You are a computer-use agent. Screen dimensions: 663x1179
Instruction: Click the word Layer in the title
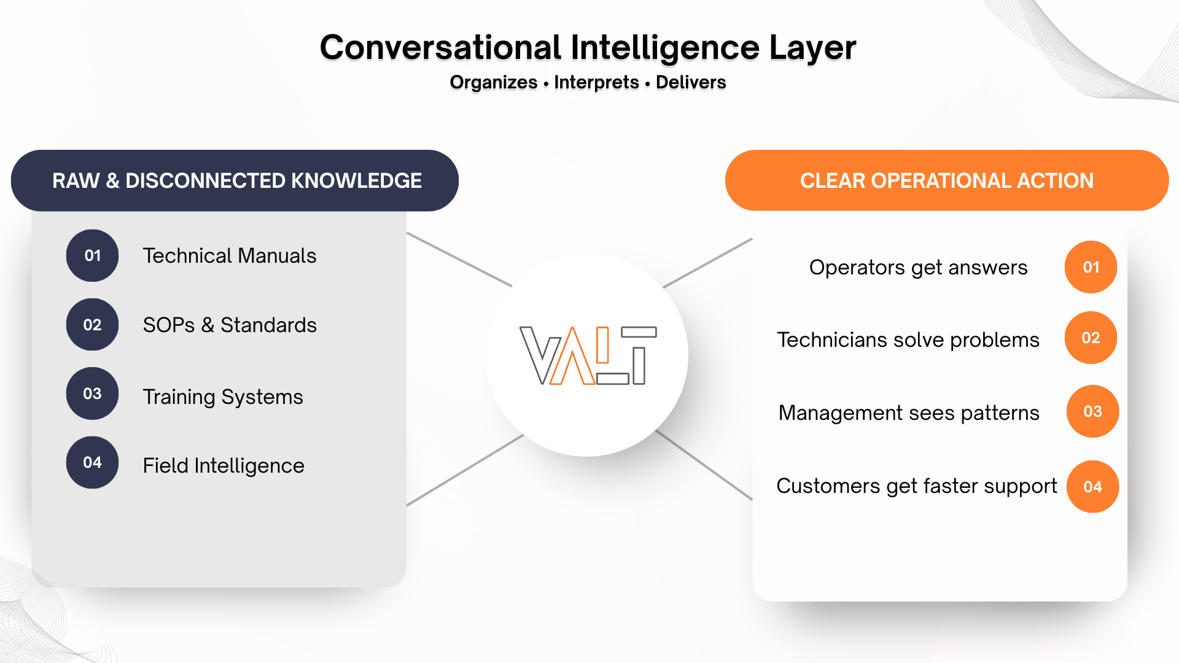tap(812, 48)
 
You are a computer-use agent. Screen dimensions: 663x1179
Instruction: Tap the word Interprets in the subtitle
tap(596, 82)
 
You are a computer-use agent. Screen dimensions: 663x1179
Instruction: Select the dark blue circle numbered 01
tap(92, 255)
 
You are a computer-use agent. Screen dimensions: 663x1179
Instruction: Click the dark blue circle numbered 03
tap(92, 394)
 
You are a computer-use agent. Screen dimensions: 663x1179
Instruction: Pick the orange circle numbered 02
tap(1091, 338)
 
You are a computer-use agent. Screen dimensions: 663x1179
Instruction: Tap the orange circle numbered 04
tap(1092, 487)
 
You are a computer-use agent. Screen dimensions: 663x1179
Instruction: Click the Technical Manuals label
tap(230, 255)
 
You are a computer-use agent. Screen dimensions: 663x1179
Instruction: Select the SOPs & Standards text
tap(230, 325)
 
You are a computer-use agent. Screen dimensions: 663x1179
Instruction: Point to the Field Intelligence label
tap(224, 465)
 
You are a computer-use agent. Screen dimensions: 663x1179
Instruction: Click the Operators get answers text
tap(918, 268)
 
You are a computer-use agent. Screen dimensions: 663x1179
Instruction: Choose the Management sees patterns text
tap(909, 413)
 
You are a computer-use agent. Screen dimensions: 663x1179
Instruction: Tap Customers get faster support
tap(916, 486)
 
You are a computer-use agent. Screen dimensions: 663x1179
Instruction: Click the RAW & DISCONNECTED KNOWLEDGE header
tap(236, 180)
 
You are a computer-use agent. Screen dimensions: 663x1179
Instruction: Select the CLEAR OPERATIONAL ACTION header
tap(946, 180)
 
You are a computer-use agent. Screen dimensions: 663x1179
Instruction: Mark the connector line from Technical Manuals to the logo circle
tap(459, 259)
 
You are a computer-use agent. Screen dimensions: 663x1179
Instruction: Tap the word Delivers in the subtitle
tap(690, 82)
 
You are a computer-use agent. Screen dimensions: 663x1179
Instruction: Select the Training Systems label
tap(223, 397)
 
